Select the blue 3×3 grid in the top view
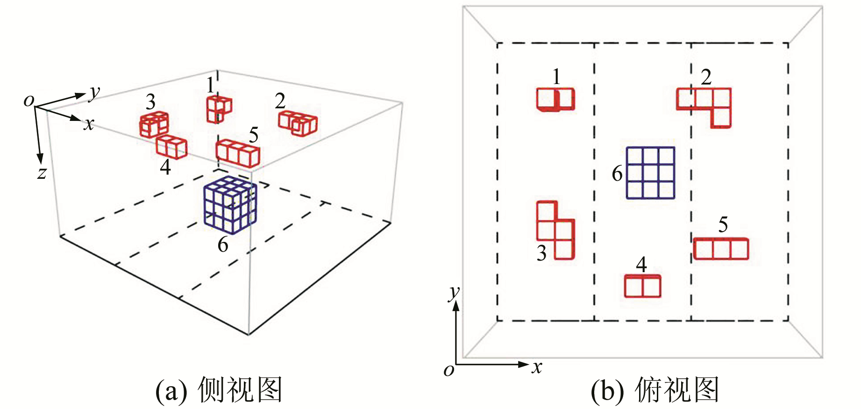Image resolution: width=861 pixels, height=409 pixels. (x=650, y=173)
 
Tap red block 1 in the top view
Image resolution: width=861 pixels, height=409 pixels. (x=555, y=99)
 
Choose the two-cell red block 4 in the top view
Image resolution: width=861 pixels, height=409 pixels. (x=643, y=286)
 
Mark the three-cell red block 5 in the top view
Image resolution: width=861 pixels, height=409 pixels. (x=720, y=249)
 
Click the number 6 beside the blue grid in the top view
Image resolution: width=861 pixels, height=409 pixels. (x=617, y=174)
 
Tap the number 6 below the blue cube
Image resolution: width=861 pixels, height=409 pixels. (x=223, y=245)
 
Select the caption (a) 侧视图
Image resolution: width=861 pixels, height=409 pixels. (x=219, y=390)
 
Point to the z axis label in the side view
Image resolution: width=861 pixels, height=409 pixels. (x=42, y=173)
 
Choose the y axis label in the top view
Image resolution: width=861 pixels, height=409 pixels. (x=454, y=293)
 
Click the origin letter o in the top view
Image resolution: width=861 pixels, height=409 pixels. (x=448, y=370)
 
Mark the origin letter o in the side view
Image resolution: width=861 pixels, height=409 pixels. (x=29, y=100)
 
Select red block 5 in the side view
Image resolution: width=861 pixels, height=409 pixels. (x=238, y=153)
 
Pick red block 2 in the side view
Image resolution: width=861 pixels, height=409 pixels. (x=298, y=123)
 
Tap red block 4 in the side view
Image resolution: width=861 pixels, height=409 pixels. (x=171, y=147)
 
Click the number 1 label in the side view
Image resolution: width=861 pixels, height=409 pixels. (x=211, y=85)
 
